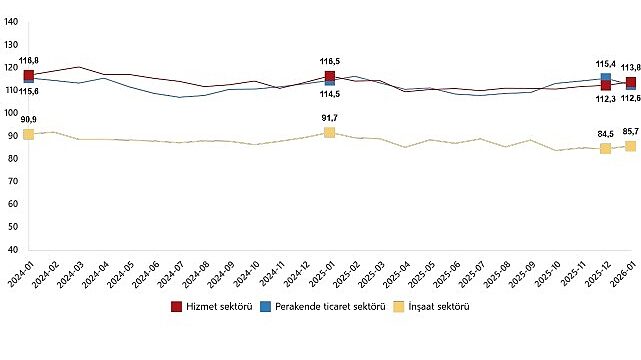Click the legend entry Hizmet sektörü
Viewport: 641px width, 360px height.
click(x=212, y=306)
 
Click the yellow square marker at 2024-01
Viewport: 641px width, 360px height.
click(x=28, y=134)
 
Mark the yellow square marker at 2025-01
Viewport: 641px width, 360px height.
click(x=329, y=132)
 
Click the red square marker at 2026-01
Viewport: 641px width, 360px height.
click(x=630, y=83)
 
